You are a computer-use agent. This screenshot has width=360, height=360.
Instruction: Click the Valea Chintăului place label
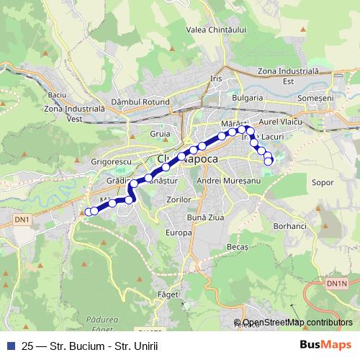tap(216, 30)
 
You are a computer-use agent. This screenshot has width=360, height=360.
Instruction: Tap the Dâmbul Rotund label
tap(140, 103)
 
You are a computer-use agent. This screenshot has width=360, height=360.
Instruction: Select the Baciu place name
tap(57, 95)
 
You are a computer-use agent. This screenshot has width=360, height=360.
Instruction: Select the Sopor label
tap(323, 183)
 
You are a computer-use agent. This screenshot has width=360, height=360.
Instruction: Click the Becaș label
tap(237, 246)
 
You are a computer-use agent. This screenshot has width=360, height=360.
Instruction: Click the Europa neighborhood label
tap(179, 233)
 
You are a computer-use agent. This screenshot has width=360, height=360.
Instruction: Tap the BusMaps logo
tap(326, 346)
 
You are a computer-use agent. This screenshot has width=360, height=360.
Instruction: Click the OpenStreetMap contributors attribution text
tap(297, 323)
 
